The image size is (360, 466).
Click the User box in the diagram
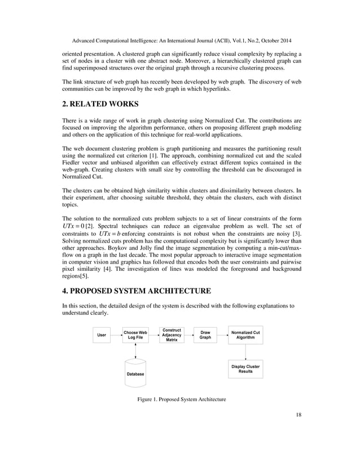point(102,335)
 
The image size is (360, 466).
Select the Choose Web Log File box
point(135,335)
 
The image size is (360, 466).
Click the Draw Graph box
point(205,335)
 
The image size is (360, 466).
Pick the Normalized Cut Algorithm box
point(245,335)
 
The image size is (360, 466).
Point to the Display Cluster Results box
point(245,369)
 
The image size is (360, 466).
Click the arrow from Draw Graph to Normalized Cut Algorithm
point(222,335)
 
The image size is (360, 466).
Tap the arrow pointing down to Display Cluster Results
point(245,353)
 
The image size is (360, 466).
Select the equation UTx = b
point(111,233)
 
